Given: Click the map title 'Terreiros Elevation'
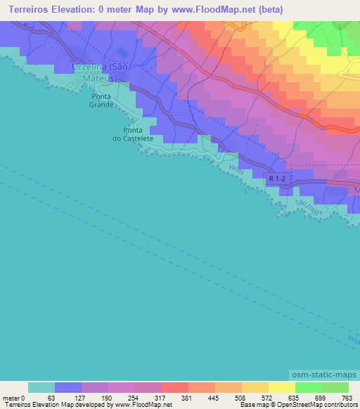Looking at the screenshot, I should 44,9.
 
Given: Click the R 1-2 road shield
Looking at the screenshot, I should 276,179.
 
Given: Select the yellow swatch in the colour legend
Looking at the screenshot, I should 281,387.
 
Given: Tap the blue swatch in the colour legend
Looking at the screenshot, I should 68,387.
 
